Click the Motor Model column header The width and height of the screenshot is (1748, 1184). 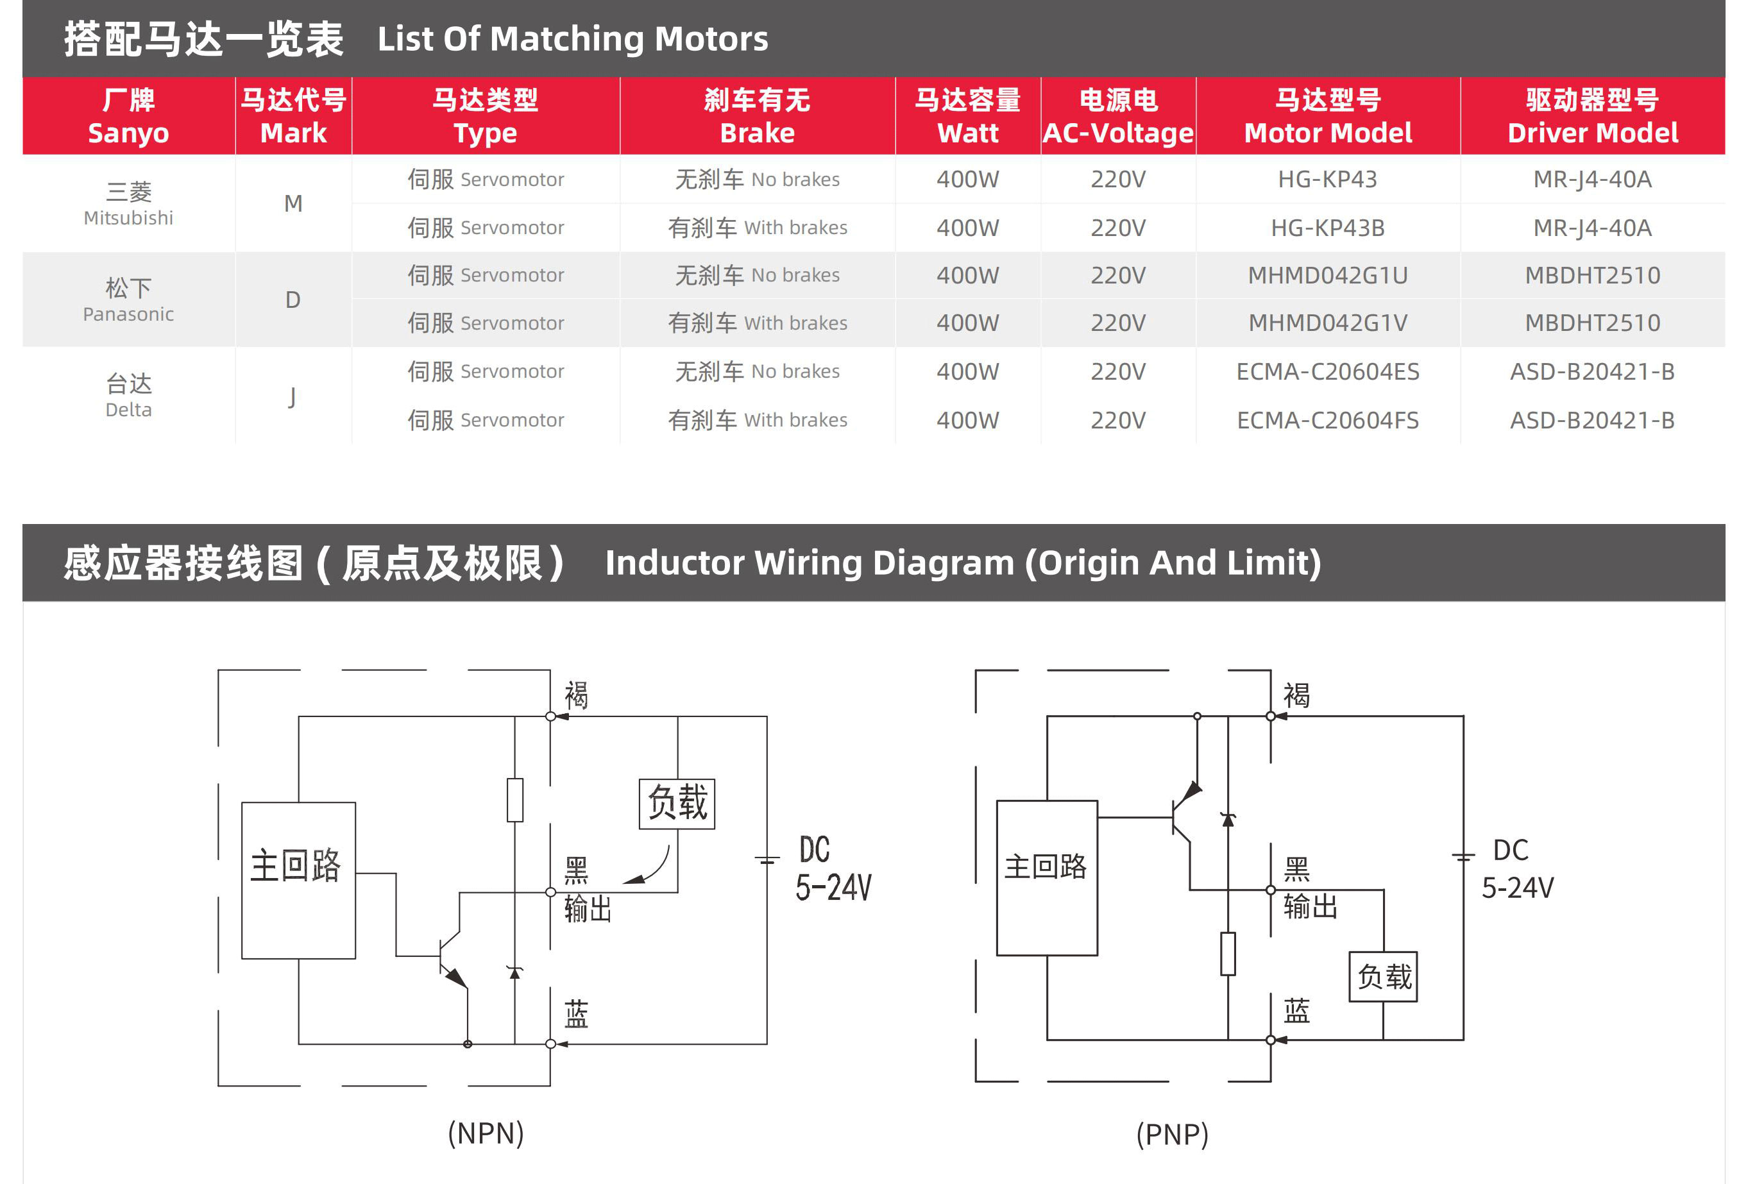[1328, 117]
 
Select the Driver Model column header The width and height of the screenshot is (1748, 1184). [1592, 117]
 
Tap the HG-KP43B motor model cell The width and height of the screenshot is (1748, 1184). [1328, 227]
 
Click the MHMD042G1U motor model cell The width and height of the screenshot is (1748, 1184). [1328, 275]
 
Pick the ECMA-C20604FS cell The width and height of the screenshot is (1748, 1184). [1328, 419]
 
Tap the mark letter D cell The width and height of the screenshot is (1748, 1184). [293, 300]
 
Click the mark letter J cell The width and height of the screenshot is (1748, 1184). [293, 396]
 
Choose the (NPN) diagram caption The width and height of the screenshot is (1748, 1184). [486, 1133]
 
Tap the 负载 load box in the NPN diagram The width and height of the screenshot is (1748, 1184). [677, 804]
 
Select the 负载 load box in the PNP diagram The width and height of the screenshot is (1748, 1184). [1383, 976]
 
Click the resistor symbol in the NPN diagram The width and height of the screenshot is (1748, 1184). [515, 800]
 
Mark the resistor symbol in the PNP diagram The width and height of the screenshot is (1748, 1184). [1228, 954]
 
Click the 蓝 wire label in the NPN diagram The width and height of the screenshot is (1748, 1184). [576, 1014]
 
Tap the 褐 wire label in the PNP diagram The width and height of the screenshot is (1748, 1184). [1296, 695]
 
